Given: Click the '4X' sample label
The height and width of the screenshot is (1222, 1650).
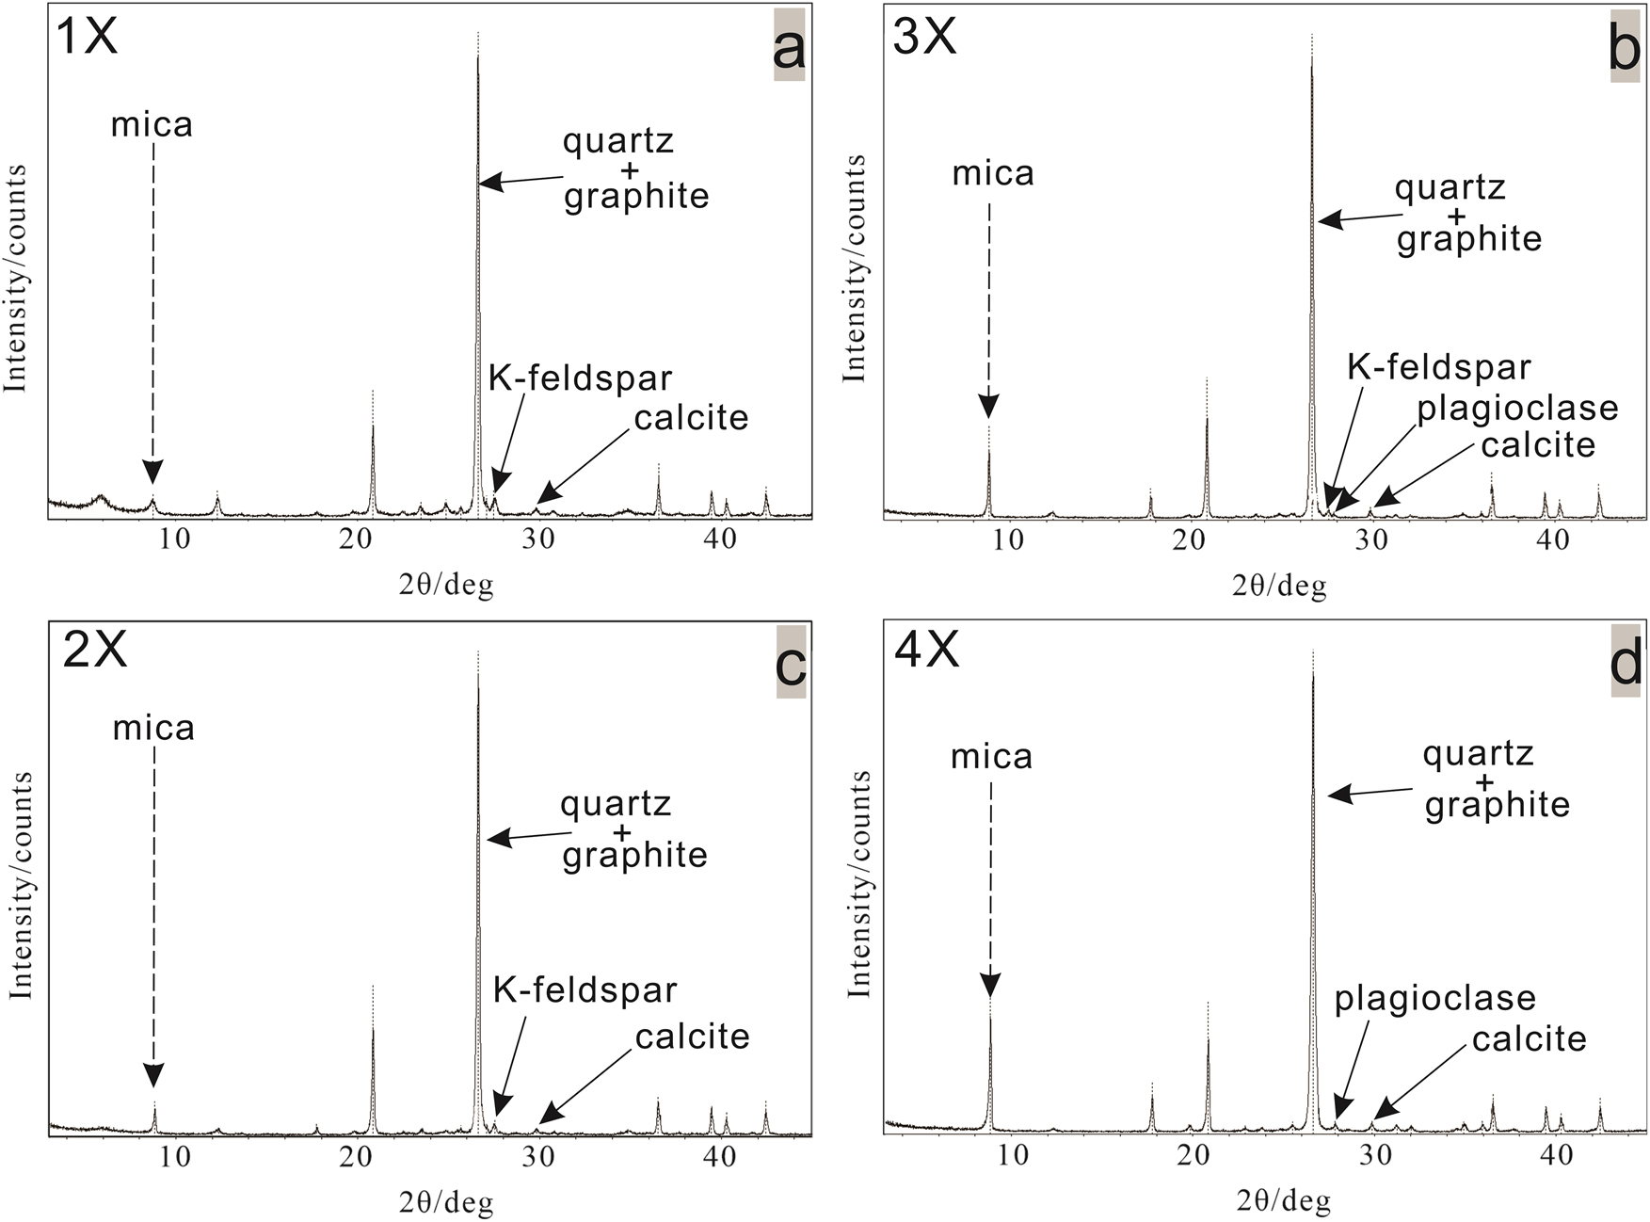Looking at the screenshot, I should click(926, 651).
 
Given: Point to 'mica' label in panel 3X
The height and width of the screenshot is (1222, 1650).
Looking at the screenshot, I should click(993, 174).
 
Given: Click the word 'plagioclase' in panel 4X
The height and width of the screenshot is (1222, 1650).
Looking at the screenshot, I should click(1434, 998).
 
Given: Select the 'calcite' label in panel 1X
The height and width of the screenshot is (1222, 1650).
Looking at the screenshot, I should click(691, 417).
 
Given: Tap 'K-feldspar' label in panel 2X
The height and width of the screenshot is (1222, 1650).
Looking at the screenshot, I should click(585, 989).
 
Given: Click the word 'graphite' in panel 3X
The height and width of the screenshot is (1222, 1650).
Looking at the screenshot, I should click(1468, 239).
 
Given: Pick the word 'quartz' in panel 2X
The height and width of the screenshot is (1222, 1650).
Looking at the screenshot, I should click(616, 803).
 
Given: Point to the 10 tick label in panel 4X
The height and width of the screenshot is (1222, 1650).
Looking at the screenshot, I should click(1012, 1154).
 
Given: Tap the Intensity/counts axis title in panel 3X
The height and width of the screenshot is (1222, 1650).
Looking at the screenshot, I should click(854, 269).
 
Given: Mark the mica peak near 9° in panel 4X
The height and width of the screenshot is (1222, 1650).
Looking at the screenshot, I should click(990, 1017).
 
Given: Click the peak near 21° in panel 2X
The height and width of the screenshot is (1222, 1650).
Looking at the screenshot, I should click(373, 1028).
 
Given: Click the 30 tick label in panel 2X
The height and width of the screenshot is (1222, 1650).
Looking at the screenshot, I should click(538, 1157).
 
